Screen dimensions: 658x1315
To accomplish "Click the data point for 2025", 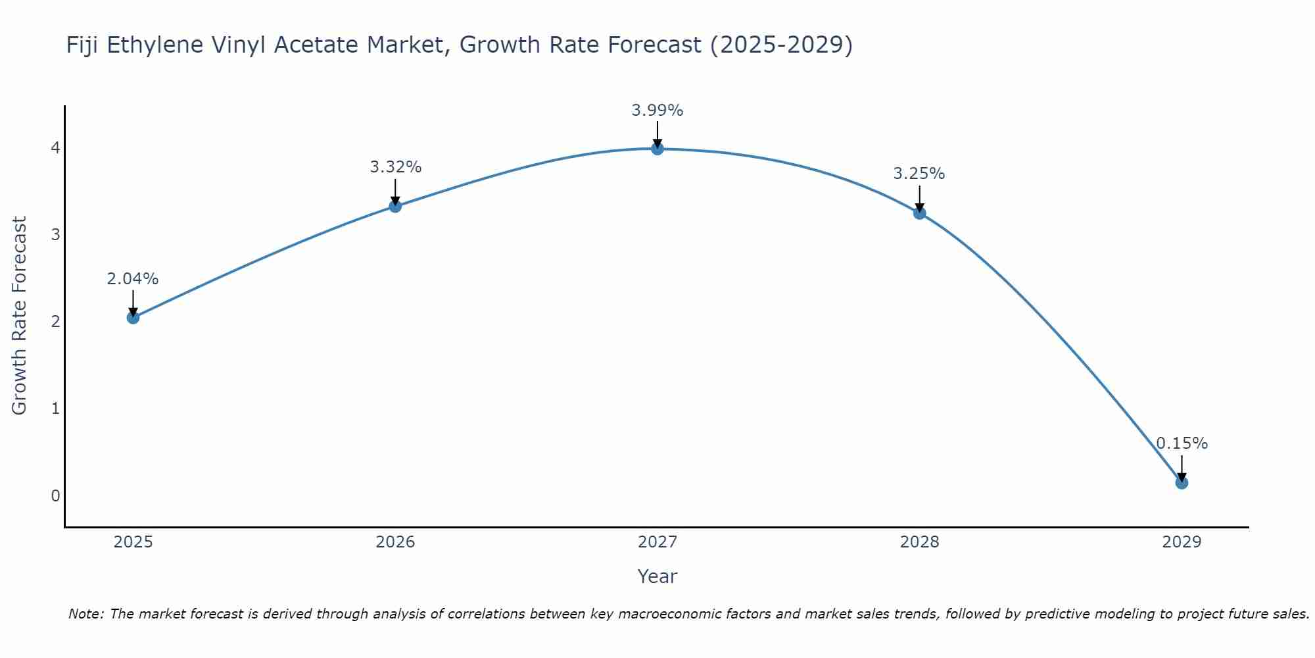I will pyautogui.click(x=133, y=318).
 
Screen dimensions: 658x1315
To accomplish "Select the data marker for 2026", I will pyautogui.click(x=395, y=207).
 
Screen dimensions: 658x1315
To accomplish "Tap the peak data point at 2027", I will pyautogui.click(x=657, y=149).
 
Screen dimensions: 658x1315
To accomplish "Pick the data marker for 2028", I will pyautogui.click(x=919, y=213).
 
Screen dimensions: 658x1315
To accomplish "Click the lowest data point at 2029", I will pyautogui.click(x=1182, y=483).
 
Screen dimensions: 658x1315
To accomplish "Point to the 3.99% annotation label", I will pyautogui.click(x=657, y=111).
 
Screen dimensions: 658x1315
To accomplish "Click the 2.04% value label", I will pyautogui.click(x=133, y=279).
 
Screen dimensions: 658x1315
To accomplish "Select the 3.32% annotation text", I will pyautogui.click(x=395, y=167).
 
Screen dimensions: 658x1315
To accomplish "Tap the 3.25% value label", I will pyautogui.click(x=919, y=174).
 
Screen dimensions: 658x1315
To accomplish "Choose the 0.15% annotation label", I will pyautogui.click(x=1182, y=443).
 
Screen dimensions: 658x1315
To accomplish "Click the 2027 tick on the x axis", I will pyautogui.click(x=657, y=542).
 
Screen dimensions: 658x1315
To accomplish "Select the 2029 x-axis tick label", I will pyautogui.click(x=1182, y=542).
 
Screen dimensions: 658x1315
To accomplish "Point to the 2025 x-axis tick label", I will pyautogui.click(x=133, y=542).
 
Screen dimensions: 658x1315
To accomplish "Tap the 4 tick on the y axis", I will pyautogui.click(x=55, y=148).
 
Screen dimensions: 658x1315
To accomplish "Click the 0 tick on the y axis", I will pyautogui.click(x=55, y=495).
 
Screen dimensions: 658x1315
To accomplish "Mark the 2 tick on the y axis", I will pyautogui.click(x=55, y=322).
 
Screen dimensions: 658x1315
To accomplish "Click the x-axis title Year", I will pyautogui.click(x=657, y=576).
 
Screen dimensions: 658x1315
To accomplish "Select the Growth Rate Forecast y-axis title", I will pyautogui.click(x=20, y=316).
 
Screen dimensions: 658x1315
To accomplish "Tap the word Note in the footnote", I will pyautogui.click(x=85, y=614).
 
